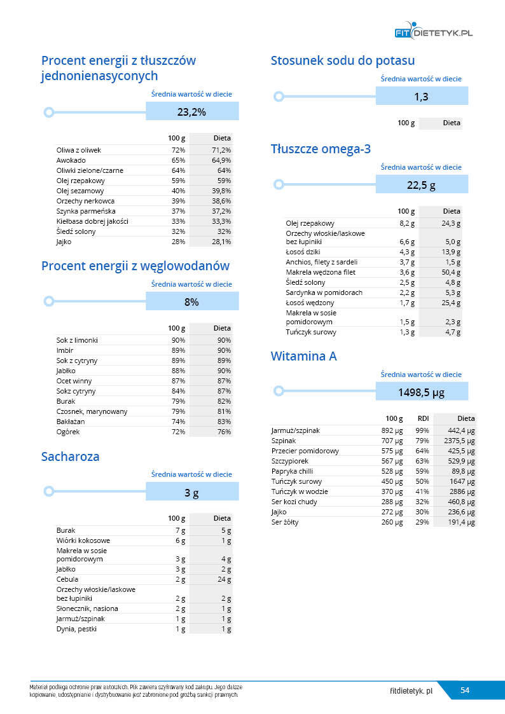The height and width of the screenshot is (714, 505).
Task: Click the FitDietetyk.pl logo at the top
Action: point(433,32)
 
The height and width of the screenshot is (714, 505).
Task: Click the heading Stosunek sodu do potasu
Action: point(342,61)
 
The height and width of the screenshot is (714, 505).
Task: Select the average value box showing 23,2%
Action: point(192,112)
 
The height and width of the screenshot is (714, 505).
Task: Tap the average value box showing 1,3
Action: point(421,97)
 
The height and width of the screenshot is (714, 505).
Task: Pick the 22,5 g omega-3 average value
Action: point(421,185)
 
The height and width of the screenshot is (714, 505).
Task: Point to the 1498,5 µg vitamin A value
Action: point(421,392)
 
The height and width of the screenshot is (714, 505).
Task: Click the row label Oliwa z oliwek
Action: point(79,150)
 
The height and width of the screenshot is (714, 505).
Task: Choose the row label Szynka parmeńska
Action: point(86,211)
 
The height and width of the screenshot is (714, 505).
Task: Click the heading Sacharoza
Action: point(70,457)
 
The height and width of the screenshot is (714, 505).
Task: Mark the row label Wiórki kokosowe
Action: point(83,540)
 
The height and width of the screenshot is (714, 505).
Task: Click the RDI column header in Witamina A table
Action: point(423,419)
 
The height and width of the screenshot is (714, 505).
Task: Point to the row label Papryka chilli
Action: point(294,471)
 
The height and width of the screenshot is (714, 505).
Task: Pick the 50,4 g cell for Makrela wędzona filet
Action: point(450,272)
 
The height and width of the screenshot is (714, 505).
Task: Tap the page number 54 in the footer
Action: point(465,690)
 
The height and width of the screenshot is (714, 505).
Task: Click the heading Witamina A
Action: point(303,356)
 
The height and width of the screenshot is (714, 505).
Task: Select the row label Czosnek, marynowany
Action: point(92,411)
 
